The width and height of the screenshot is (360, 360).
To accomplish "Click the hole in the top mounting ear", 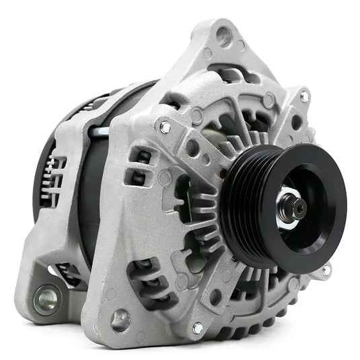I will click(223, 36).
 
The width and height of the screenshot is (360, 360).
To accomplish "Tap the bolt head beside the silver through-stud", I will click(164, 127).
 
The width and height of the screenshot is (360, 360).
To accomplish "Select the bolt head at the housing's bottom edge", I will click(198, 328).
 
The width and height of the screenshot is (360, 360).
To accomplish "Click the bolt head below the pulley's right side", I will click(326, 270).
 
